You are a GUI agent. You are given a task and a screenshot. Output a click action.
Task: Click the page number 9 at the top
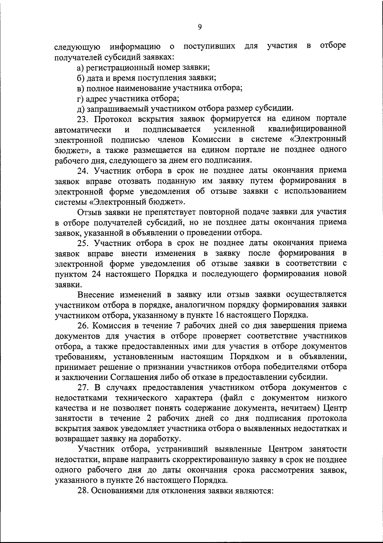(x=199, y=27)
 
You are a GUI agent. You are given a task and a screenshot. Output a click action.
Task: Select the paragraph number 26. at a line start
(x=84, y=326)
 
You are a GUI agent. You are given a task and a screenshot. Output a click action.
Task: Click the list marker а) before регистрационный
(x=81, y=67)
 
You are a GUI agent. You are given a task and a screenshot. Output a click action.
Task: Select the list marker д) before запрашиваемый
(x=81, y=108)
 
